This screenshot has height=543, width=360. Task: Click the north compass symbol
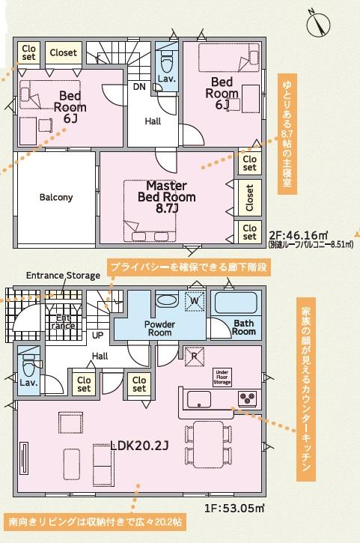(317, 23)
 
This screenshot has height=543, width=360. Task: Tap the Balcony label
(56, 198)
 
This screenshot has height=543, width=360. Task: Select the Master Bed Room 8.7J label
(166, 197)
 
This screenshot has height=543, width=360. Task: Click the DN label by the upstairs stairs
(139, 87)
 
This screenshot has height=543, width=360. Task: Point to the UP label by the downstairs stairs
(97, 336)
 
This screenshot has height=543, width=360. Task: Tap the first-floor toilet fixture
(28, 365)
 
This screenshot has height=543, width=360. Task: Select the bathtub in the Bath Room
(236, 303)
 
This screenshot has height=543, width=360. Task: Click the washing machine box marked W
(195, 301)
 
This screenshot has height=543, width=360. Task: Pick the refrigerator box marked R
(194, 356)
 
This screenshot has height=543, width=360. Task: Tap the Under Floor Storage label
(222, 377)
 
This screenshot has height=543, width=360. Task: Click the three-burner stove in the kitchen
(247, 397)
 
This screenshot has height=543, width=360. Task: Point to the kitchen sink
(199, 399)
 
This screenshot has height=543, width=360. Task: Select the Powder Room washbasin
(167, 300)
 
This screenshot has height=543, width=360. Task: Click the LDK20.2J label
(139, 446)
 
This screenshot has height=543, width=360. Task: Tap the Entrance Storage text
(63, 276)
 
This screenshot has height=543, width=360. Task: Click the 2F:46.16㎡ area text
(299, 236)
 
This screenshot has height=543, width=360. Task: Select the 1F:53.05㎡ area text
(234, 509)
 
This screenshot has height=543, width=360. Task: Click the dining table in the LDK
(208, 444)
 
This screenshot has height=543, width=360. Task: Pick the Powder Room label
(159, 328)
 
